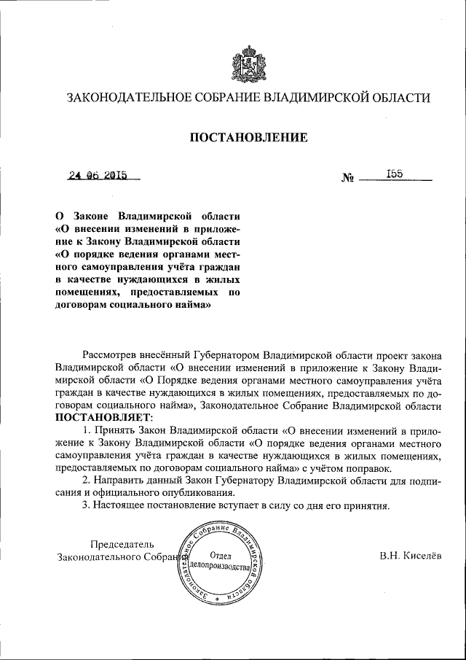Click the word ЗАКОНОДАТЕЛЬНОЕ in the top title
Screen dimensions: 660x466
(x=128, y=98)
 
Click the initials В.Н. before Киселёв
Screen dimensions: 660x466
(x=390, y=556)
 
